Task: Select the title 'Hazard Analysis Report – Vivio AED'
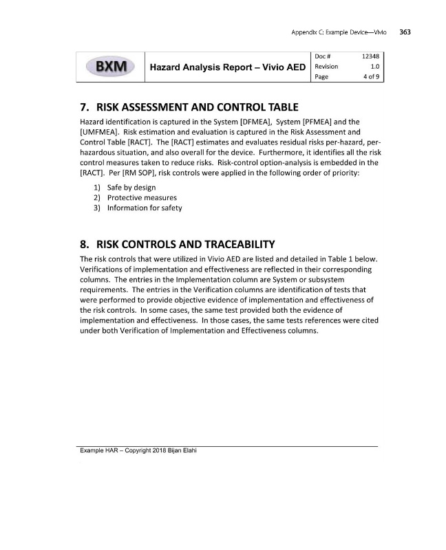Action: [228, 67]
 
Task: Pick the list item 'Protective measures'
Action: [138, 198]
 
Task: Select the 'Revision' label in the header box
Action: [327, 66]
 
